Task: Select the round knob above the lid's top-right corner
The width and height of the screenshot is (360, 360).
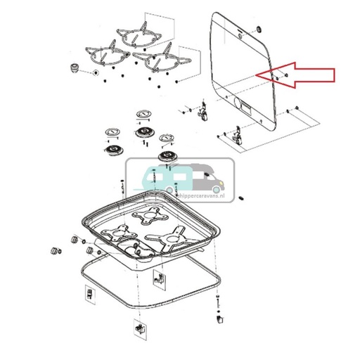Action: [257, 29]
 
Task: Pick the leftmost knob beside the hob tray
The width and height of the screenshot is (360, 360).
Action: [52, 252]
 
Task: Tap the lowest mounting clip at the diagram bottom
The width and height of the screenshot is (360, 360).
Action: [136, 328]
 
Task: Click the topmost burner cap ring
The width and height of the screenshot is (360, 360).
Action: [143, 114]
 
